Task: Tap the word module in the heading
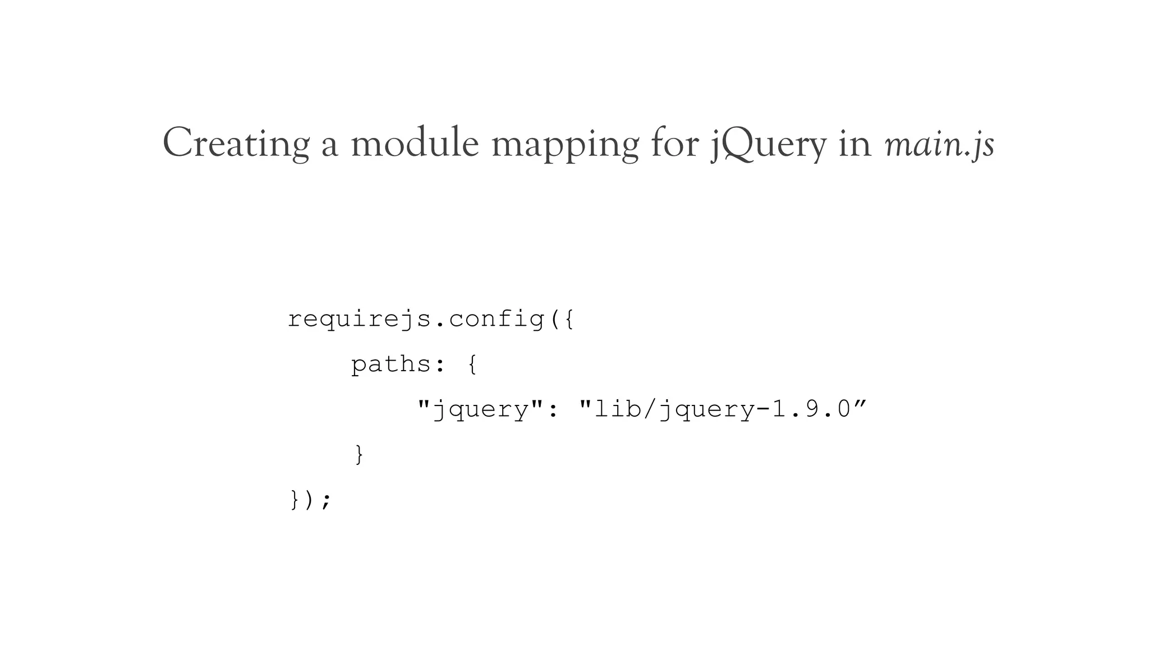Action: (415, 144)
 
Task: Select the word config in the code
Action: (497, 320)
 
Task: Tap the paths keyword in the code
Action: (391, 364)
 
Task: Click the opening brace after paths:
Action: (472, 364)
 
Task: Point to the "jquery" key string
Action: (480, 409)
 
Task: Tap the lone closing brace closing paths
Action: (359, 454)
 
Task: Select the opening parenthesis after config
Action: (554, 320)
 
